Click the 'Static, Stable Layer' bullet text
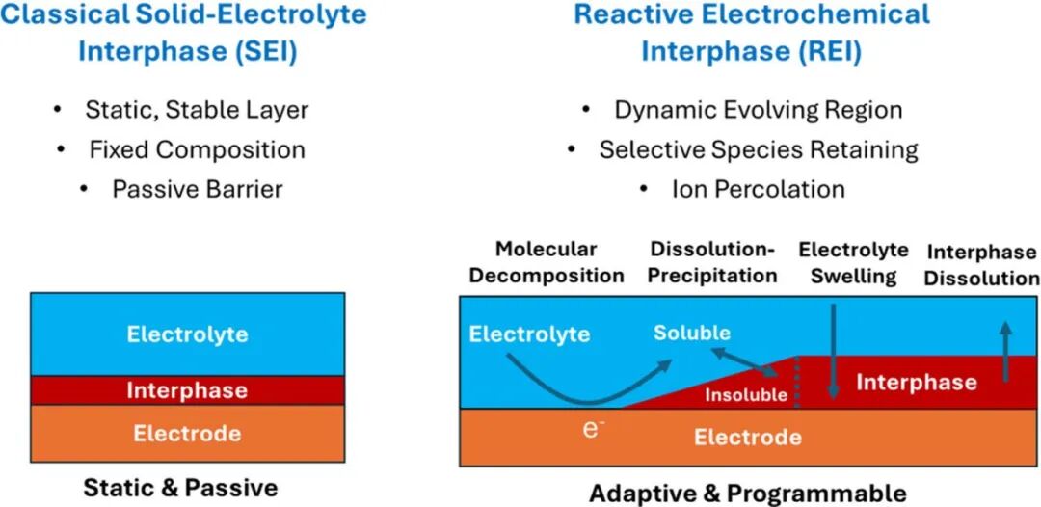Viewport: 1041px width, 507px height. pyautogui.click(x=198, y=110)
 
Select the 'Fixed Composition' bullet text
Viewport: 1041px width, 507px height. pyautogui.click(x=198, y=149)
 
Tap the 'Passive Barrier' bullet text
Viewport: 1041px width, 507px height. pyautogui.click(x=198, y=189)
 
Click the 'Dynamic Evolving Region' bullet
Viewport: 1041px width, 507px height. pyautogui.click(x=759, y=110)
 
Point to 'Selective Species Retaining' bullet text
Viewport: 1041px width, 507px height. pyautogui.click(x=759, y=149)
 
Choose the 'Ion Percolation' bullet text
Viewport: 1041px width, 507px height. pyautogui.click(x=759, y=189)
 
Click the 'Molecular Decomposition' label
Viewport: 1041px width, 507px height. pyautogui.click(x=547, y=262)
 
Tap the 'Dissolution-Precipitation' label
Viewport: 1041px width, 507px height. pyautogui.click(x=712, y=262)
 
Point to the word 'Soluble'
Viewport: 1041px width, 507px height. pyautogui.click(x=692, y=333)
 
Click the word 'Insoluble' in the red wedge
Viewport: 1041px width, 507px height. pyautogui.click(x=746, y=395)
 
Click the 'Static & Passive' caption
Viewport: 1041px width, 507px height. pyautogui.click(x=180, y=488)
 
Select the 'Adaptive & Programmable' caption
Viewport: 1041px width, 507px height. pyautogui.click(x=748, y=494)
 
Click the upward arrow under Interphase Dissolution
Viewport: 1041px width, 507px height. pyautogui.click(x=1006, y=351)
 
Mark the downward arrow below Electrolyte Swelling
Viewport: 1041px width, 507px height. pyautogui.click(x=834, y=352)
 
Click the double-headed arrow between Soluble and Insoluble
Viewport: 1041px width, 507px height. pyautogui.click(x=746, y=361)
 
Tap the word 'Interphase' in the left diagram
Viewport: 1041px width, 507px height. pyautogui.click(x=187, y=389)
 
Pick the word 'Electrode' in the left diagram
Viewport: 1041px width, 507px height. pyautogui.click(x=187, y=434)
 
